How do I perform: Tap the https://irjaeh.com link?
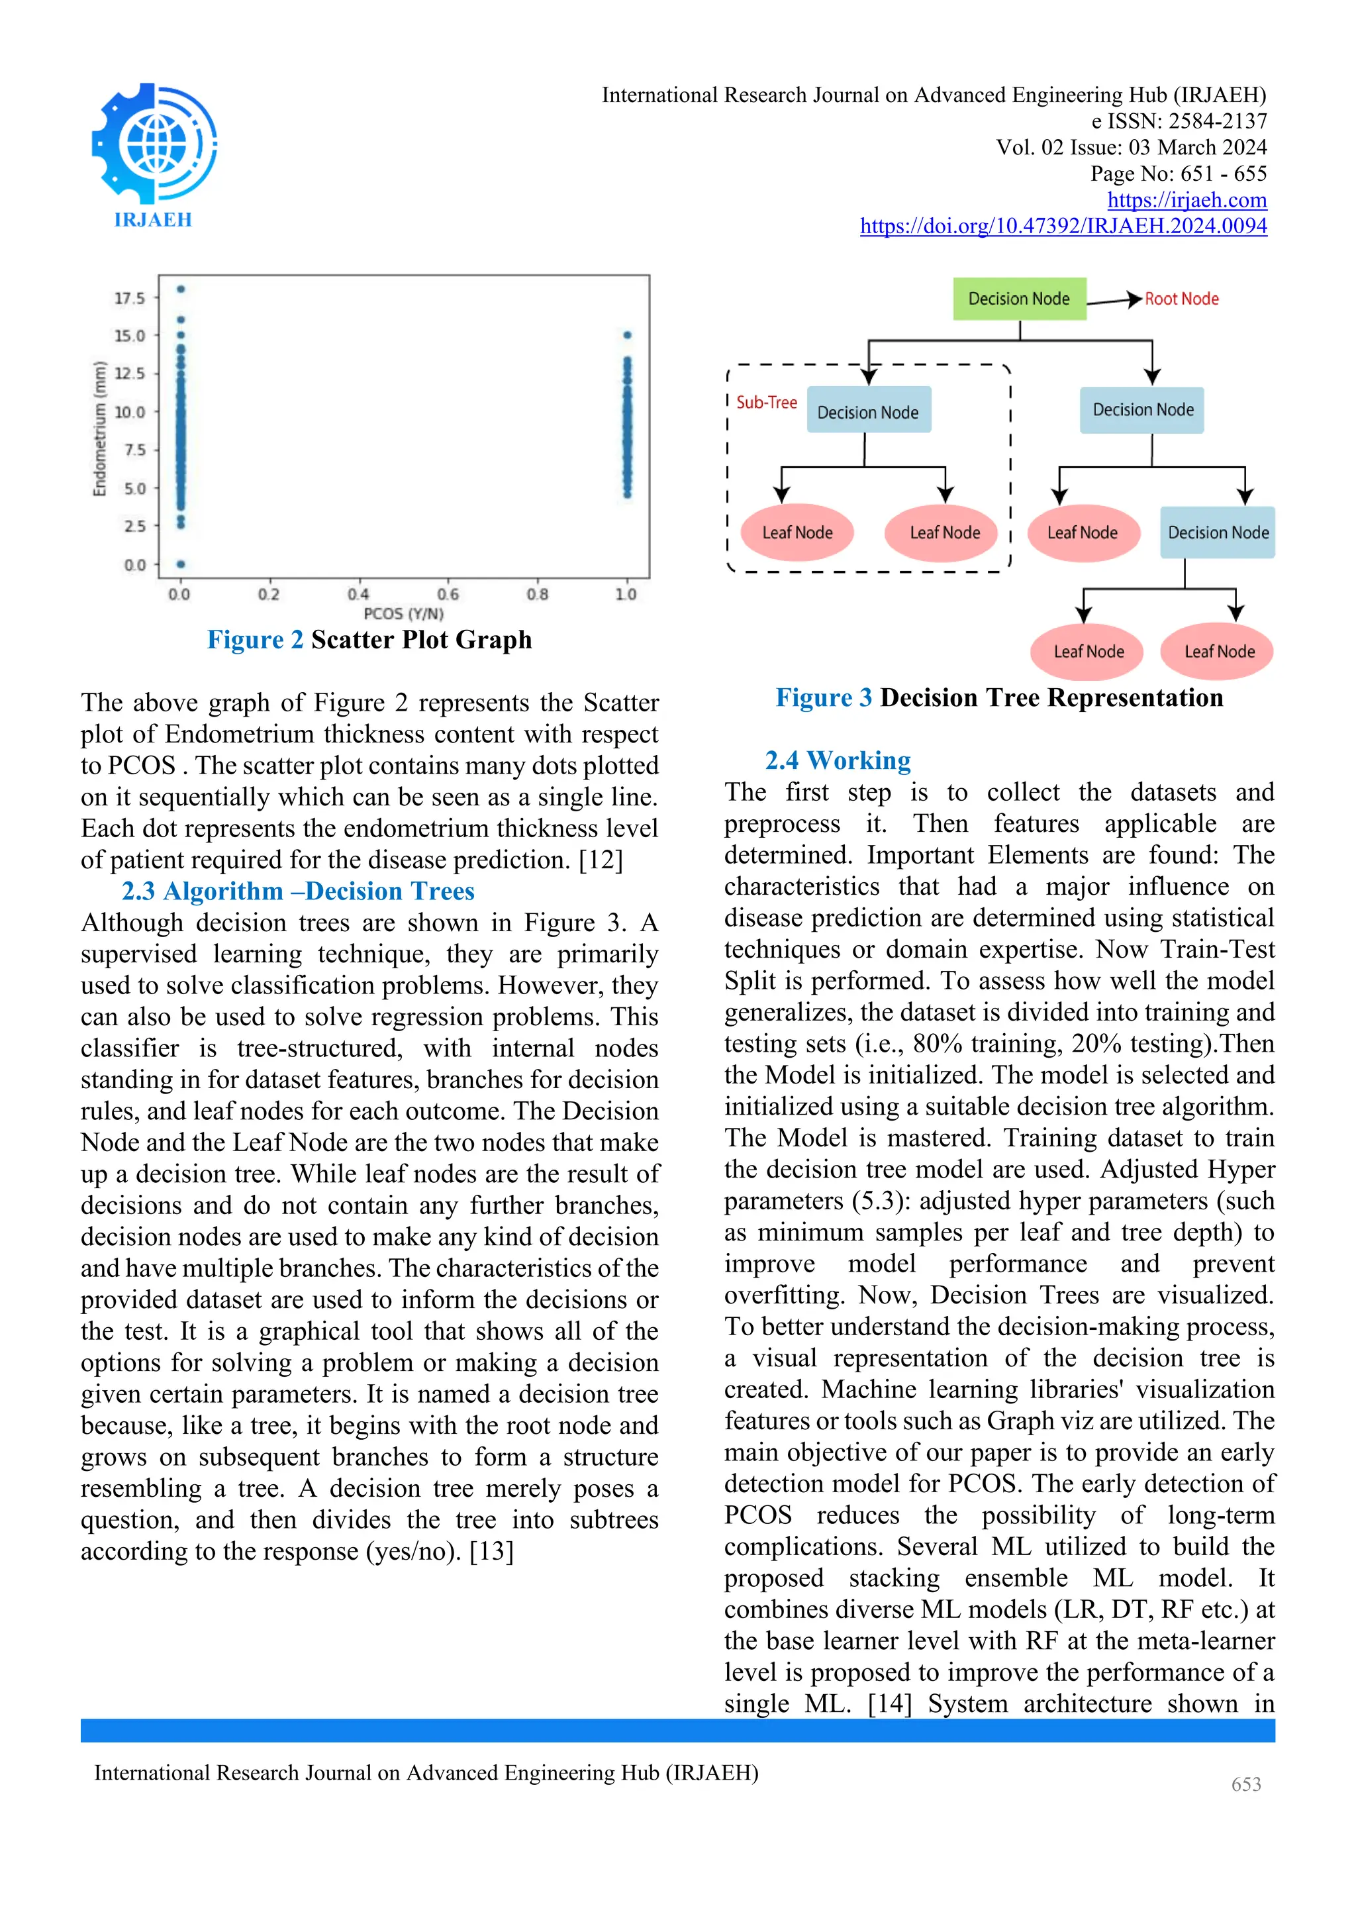pyautogui.click(x=1186, y=201)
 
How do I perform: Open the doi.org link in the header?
pyautogui.click(x=1063, y=227)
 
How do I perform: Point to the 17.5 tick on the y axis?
pyautogui.click(x=129, y=298)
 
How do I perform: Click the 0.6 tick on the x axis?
pyautogui.click(x=448, y=594)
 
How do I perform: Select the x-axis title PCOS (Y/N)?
pyautogui.click(x=403, y=614)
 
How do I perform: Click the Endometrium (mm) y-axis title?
pyautogui.click(x=100, y=429)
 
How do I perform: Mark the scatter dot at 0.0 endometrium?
pyautogui.click(x=181, y=565)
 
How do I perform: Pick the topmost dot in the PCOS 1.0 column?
pyautogui.click(x=627, y=335)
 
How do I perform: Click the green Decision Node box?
pyautogui.click(x=1019, y=299)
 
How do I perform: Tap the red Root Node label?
pyautogui.click(x=1181, y=299)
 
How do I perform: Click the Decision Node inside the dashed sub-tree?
pyautogui.click(x=869, y=412)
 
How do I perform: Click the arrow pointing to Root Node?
pyautogui.click(x=1116, y=301)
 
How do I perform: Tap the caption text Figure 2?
pyautogui.click(x=255, y=640)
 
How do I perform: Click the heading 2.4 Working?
pyautogui.click(x=838, y=761)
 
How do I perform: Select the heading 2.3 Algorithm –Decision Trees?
pyautogui.click(x=298, y=891)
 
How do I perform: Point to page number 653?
pyautogui.click(x=1246, y=1784)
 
